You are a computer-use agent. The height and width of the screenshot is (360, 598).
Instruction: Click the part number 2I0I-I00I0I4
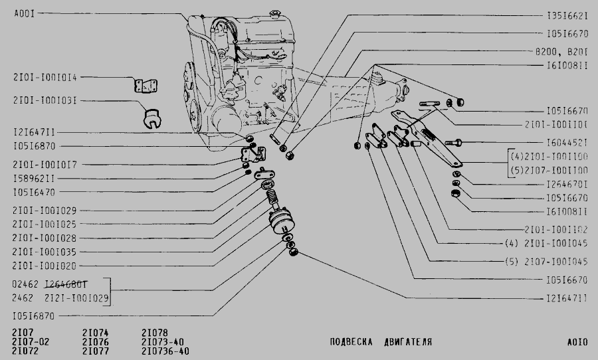click(x=45, y=77)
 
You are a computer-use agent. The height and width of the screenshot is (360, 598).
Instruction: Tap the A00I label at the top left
click(x=24, y=13)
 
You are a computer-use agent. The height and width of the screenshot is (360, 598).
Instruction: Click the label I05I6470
click(x=33, y=193)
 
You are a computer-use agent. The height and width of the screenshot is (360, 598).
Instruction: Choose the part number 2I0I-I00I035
click(x=45, y=252)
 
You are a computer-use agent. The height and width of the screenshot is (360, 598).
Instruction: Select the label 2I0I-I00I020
click(x=45, y=266)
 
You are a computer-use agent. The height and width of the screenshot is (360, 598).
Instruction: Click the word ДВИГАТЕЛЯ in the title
click(x=407, y=343)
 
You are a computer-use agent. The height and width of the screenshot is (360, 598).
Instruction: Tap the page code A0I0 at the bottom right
click(x=577, y=343)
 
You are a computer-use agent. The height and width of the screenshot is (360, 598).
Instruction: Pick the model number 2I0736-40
click(x=165, y=351)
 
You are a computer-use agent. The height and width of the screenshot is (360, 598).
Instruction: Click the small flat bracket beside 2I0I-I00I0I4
click(x=143, y=84)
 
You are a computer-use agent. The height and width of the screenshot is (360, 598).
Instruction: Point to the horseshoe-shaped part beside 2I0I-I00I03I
click(x=155, y=117)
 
